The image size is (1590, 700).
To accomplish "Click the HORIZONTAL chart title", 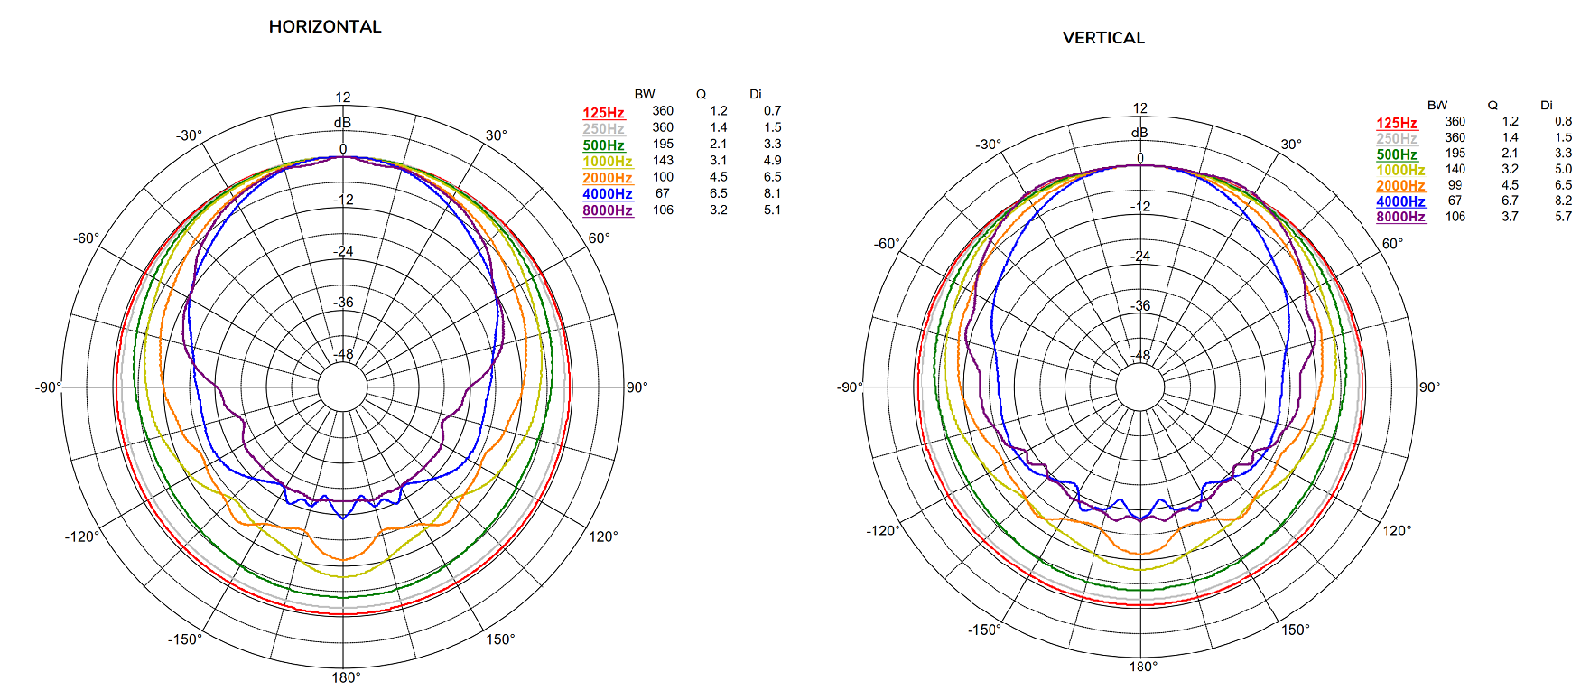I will (x=325, y=27).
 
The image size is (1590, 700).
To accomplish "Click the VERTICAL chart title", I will (x=1103, y=38).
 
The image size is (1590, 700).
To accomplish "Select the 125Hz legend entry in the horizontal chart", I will (x=603, y=113).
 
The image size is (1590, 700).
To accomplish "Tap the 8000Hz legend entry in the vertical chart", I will (x=1400, y=217).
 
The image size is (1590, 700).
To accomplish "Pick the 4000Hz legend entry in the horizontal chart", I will (x=607, y=194).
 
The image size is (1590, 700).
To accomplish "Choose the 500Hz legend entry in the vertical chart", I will (x=1397, y=154).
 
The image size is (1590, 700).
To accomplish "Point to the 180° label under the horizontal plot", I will (x=346, y=677).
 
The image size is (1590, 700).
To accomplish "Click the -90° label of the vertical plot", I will (x=850, y=387).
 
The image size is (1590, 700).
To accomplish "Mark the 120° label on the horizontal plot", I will (x=603, y=537).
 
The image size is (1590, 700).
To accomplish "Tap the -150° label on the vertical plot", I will (x=984, y=630).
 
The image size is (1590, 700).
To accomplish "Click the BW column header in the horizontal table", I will (x=645, y=94).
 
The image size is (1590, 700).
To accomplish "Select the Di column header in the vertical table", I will (x=1547, y=106).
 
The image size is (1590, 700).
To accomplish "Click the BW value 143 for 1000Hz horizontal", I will (x=663, y=161).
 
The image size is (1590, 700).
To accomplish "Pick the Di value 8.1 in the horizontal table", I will (x=772, y=193).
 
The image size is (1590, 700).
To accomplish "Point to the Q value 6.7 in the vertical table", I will (x=1510, y=201).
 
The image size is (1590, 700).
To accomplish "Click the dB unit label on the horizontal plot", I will (x=342, y=123).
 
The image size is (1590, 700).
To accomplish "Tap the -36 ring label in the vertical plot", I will (x=1141, y=305).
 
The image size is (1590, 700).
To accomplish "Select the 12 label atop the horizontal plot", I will (x=343, y=98).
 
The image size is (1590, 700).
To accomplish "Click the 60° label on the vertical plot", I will (x=1392, y=244).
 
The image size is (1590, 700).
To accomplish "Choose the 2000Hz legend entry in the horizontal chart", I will (x=607, y=178).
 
